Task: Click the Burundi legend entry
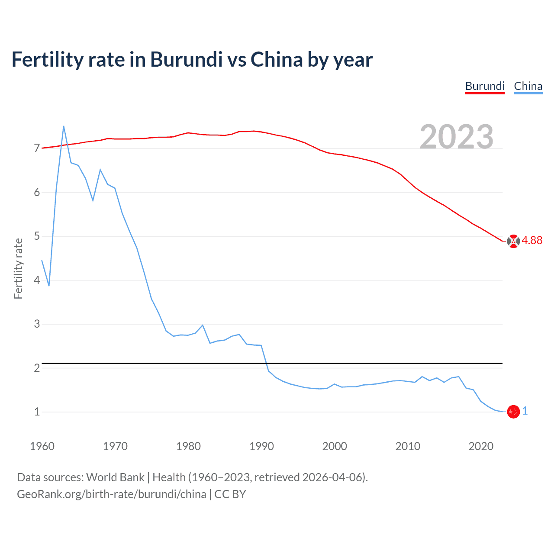[485, 86]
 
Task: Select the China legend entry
[528, 86]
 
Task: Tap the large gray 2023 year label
[457, 137]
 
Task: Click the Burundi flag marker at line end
[513, 241]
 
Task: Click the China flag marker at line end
[513, 412]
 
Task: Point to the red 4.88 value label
[532, 241]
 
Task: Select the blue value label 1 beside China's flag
[525, 411]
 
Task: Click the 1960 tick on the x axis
[42, 446]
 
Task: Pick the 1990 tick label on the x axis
[261, 446]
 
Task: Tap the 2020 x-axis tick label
[481, 446]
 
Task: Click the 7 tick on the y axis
[37, 148]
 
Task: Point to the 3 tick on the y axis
[37, 324]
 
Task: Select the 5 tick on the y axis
[37, 236]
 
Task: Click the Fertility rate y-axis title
[18, 268]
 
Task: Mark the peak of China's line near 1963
[64, 126]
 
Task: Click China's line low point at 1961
[49, 286]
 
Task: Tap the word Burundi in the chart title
[186, 60]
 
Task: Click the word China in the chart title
[277, 60]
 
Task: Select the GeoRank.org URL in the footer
[112, 494]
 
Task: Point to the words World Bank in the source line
[115, 477]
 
